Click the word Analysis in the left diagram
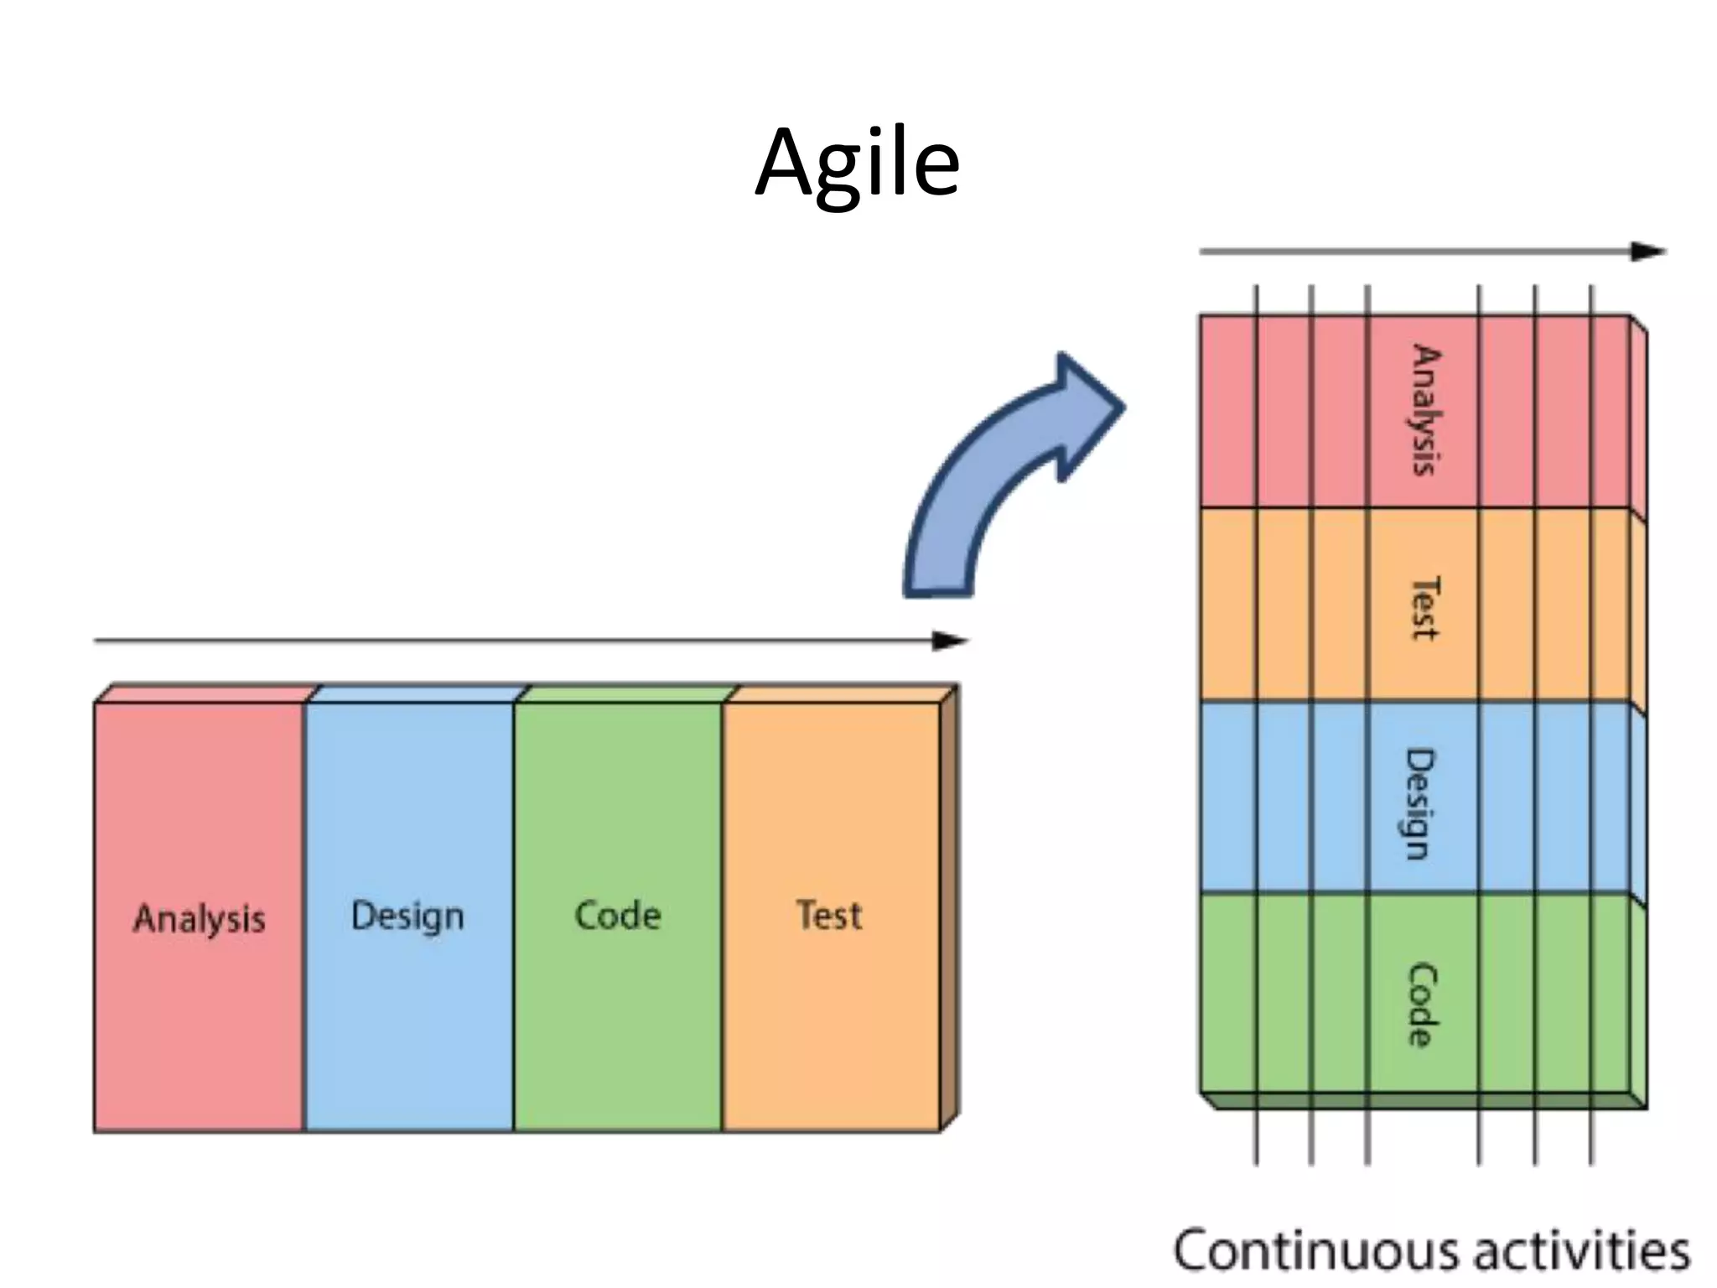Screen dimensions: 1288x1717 tap(200, 918)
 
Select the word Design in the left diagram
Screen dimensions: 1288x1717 tap(407, 916)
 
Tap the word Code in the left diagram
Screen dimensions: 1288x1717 tap(618, 915)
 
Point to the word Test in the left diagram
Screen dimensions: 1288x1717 tap(829, 915)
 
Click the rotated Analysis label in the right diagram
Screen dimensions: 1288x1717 tap(1424, 410)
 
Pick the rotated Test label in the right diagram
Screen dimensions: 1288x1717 tap(1424, 608)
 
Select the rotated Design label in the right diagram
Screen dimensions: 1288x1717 tap(1420, 803)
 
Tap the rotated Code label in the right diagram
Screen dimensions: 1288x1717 tap(1421, 1005)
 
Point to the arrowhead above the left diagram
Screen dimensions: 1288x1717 tap(951, 641)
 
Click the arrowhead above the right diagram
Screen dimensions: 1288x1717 tap(1647, 252)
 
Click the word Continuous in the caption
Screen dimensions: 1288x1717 tap(1315, 1249)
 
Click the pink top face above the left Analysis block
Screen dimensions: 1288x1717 tap(205, 693)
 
